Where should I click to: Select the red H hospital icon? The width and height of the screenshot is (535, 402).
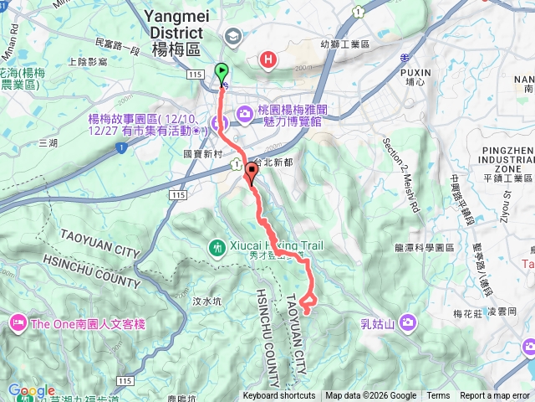coord(268,59)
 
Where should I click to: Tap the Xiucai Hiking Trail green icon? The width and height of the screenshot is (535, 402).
coord(217,247)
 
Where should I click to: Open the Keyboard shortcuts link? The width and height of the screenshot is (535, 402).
coord(279,396)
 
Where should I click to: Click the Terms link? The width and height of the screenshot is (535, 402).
coord(438,396)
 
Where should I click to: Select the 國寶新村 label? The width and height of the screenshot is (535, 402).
coord(202,155)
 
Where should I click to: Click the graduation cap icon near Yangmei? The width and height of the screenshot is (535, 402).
coord(231,36)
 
